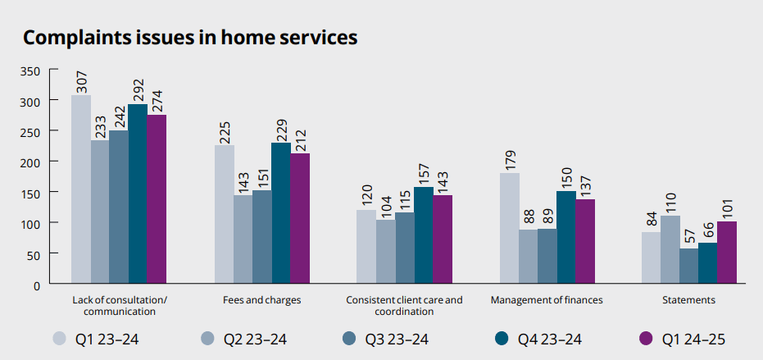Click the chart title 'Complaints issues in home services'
click(189, 38)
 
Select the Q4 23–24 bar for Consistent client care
click(424, 235)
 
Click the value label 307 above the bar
click(81, 80)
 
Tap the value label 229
click(281, 128)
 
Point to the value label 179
click(510, 158)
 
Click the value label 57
click(689, 238)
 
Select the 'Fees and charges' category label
click(261, 300)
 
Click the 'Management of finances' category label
click(547, 300)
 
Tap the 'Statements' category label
click(690, 300)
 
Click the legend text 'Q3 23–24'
click(402, 338)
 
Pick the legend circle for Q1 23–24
click(60, 338)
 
